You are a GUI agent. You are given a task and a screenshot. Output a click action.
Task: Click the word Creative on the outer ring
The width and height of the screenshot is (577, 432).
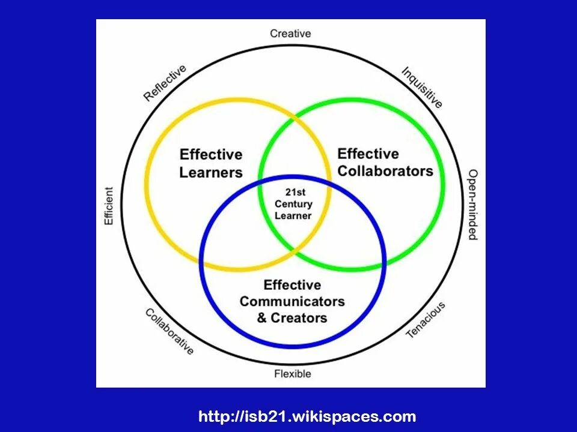pos(290,34)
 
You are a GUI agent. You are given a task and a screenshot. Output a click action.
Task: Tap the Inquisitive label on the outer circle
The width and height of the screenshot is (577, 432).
pos(422,87)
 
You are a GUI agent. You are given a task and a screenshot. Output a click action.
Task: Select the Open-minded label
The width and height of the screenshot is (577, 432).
pos(473,205)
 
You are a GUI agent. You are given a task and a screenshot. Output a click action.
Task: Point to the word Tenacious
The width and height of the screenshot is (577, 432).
pos(426,319)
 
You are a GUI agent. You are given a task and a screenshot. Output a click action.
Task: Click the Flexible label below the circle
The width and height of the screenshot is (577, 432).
pos(293,374)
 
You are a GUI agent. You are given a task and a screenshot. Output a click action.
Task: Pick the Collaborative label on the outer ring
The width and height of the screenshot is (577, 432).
pos(169,331)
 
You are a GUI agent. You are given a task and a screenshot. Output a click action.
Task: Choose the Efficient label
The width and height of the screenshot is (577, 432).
pos(109,206)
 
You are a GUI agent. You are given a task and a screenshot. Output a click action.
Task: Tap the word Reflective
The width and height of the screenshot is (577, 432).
pos(165,83)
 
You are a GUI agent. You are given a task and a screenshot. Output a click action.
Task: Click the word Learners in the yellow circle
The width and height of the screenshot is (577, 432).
pos(210,173)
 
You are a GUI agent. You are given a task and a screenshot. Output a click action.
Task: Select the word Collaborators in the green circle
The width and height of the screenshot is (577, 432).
pos(385,171)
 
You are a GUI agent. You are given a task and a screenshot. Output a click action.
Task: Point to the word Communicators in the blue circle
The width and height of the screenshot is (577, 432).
pos(292,301)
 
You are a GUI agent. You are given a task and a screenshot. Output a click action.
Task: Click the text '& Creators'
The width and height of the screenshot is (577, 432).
pos(292,318)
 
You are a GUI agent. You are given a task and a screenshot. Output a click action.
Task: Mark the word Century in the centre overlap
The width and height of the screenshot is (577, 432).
pos(293,204)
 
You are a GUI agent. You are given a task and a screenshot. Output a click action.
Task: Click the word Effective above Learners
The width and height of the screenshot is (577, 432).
pos(210,155)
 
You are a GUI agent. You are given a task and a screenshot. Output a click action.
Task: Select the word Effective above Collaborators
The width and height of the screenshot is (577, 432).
pos(368,154)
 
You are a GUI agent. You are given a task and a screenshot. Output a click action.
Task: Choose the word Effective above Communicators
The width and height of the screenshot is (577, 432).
pos(292,285)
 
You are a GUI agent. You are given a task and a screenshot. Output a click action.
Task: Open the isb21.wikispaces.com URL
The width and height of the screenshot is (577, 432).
pos(307,416)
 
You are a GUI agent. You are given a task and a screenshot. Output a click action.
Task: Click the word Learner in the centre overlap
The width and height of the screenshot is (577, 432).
pos(293,215)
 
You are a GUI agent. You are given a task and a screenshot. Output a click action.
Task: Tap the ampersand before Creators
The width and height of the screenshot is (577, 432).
pos(262,318)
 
